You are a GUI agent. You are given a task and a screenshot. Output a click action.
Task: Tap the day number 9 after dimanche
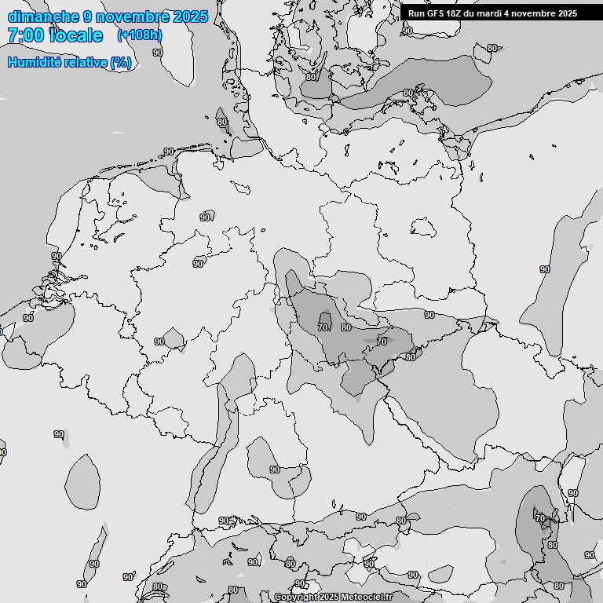[x=88, y=16]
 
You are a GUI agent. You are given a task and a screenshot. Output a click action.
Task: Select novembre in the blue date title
[x=133, y=16]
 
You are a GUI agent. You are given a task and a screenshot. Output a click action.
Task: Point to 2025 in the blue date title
[x=191, y=16]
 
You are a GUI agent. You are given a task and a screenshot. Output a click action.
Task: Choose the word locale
[x=75, y=36]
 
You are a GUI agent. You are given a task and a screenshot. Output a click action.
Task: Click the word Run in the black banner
[x=417, y=13]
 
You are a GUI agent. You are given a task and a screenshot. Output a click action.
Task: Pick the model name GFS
[x=437, y=13]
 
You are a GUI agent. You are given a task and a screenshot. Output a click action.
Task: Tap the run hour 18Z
[x=457, y=13]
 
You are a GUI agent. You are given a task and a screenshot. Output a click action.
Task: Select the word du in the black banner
[x=473, y=13]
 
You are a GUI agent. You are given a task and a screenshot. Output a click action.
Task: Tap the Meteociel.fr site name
[x=366, y=598]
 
